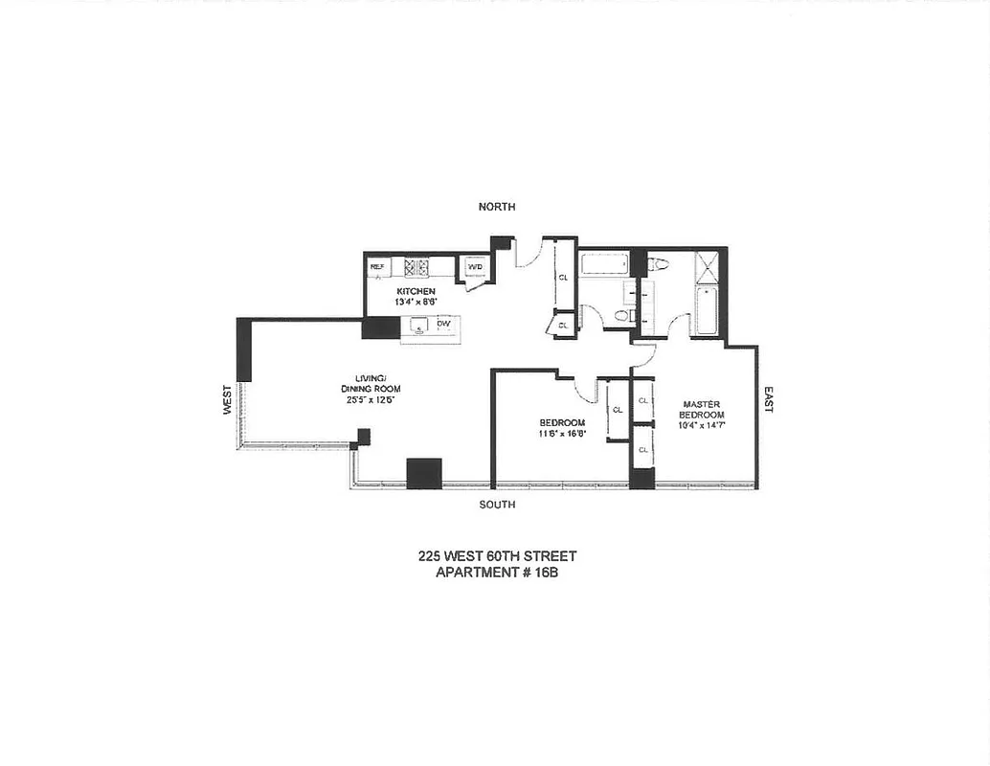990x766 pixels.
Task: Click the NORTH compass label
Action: tap(497, 207)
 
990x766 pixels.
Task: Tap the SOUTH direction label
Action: tap(497, 505)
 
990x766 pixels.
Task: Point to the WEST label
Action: tap(227, 399)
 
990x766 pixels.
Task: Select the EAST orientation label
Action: tap(767, 399)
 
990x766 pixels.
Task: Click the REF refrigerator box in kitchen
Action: tap(377, 266)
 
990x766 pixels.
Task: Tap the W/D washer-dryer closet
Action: tap(475, 267)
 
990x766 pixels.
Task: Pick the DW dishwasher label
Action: tap(443, 325)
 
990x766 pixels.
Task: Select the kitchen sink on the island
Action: tap(418, 326)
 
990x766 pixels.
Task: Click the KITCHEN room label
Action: tap(417, 291)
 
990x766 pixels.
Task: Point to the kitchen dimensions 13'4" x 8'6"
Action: tap(417, 302)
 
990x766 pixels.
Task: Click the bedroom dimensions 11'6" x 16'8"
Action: tap(561, 434)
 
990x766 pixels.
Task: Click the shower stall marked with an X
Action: tap(708, 266)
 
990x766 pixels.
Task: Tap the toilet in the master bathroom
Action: tap(659, 263)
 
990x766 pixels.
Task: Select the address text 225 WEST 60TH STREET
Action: tap(497, 556)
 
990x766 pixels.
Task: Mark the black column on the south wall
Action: tap(423, 474)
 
